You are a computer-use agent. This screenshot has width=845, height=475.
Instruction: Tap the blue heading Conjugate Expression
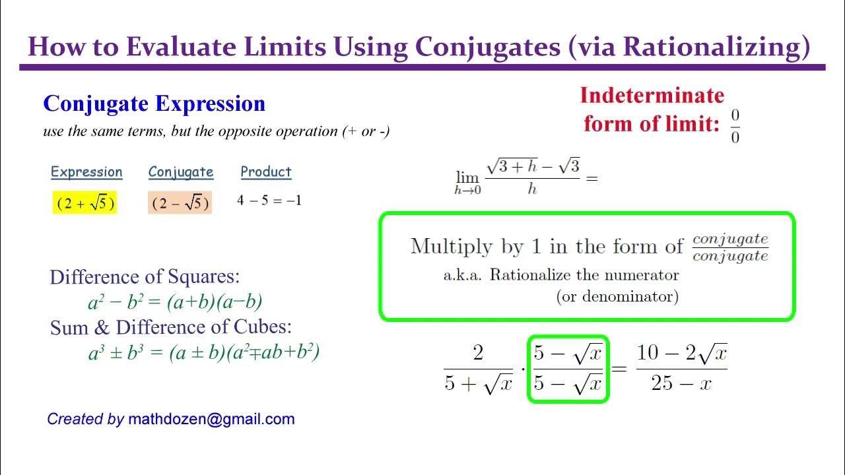click(x=154, y=104)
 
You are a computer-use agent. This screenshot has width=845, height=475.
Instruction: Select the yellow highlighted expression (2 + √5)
click(x=84, y=203)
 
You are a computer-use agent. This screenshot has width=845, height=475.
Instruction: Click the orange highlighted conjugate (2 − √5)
click(x=180, y=203)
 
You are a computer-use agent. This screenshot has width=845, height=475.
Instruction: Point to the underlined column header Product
click(x=266, y=172)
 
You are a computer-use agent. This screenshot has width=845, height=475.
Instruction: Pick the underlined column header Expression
click(x=86, y=172)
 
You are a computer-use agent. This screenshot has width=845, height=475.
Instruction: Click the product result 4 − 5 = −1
click(x=269, y=201)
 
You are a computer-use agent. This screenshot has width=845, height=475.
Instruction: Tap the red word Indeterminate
click(x=652, y=96)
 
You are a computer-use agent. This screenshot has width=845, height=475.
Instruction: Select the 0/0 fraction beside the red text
click(x=735, y=126)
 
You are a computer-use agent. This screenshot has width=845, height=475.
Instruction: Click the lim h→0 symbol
click(x=467, y=181)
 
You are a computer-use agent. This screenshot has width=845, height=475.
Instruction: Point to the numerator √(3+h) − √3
click(x=532, y=166)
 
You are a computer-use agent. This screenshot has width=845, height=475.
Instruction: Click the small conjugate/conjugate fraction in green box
click(x=730, y=247)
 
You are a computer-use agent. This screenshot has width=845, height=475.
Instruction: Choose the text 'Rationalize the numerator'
click(x=584, y=275)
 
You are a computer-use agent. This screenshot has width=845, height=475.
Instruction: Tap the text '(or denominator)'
click(x=617, y=296)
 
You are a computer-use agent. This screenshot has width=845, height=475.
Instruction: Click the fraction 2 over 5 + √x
click(x=478, y=369)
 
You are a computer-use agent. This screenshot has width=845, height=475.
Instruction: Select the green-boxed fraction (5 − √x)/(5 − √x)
click(x=568, y=369)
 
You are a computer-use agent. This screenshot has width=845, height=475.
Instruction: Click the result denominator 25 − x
click(x=681, y=383)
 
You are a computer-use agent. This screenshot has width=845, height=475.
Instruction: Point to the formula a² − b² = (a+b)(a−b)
click(x=175, y=302)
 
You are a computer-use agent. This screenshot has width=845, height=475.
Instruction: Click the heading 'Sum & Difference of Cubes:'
click(x=171, y=327)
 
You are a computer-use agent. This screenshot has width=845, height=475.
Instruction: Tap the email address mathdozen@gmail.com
click(x=211, y=419)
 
